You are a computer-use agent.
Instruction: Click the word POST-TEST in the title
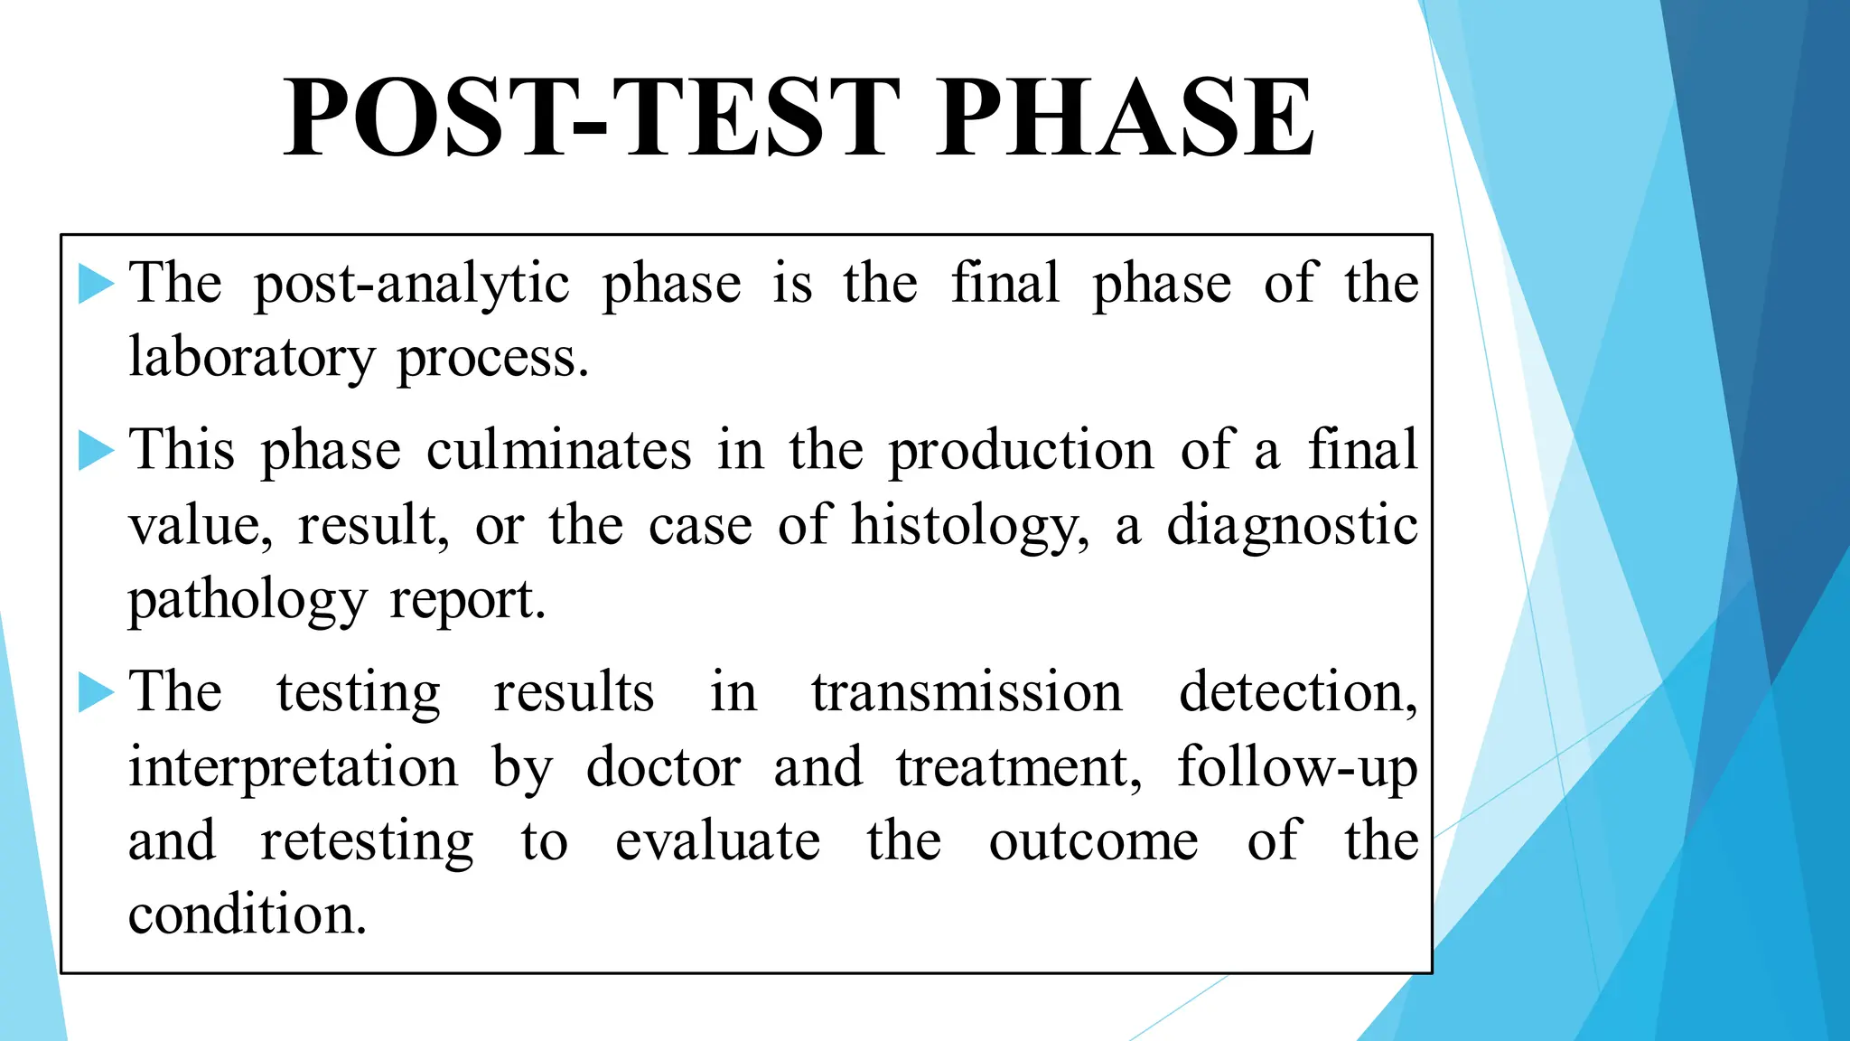[x=592, y=117]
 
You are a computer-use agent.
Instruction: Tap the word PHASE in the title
[x=1124, y=117]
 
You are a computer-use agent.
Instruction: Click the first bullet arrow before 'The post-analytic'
[x=96, y=284]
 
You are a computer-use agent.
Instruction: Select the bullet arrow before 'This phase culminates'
[x=96, y=450]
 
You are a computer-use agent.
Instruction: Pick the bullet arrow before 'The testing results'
[x=96, y=693]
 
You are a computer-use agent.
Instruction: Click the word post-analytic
[x=411, y=286]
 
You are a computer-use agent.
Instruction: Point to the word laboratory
[x=251, y=359]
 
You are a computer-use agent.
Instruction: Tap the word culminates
[x=558, y=450]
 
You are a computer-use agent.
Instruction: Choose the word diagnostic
[x=1292, y=527]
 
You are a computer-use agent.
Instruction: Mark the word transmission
[x=966, y=693]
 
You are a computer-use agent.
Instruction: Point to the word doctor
[x=664, y=768]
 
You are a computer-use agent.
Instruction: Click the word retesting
[x=367, y=843]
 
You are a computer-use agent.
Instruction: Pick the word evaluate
[x=717, y=841]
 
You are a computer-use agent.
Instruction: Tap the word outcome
[x=1093, y=841]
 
